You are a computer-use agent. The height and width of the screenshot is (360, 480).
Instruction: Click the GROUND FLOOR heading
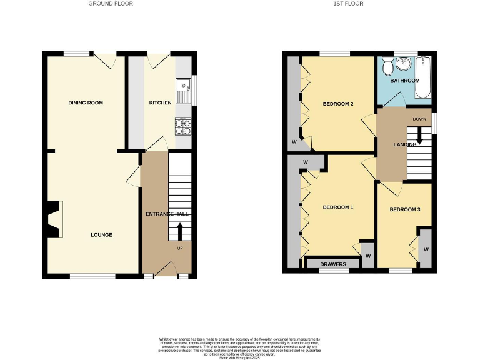point(111,4)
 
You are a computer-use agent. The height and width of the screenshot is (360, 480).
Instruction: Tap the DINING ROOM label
point(86,102)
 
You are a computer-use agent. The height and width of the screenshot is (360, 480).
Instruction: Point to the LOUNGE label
point(101,235)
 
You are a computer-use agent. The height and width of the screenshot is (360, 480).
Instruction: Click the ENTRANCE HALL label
point(167,214)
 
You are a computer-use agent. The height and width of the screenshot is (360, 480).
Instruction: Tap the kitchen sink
point(184,91)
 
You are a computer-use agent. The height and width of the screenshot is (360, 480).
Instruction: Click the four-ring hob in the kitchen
point(184,127)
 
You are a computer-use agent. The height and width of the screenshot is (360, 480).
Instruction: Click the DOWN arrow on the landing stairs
point(419,134)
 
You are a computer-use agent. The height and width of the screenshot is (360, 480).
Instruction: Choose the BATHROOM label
point(404,81)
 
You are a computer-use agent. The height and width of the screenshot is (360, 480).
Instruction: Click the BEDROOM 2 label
point(338,104)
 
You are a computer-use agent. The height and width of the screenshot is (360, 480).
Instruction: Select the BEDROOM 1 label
point(338,207)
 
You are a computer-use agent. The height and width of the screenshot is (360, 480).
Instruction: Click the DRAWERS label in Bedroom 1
point(333,264)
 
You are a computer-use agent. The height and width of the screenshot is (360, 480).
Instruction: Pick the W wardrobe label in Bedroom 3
point(426,249)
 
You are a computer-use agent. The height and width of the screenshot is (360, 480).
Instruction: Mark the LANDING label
point(405,144)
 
